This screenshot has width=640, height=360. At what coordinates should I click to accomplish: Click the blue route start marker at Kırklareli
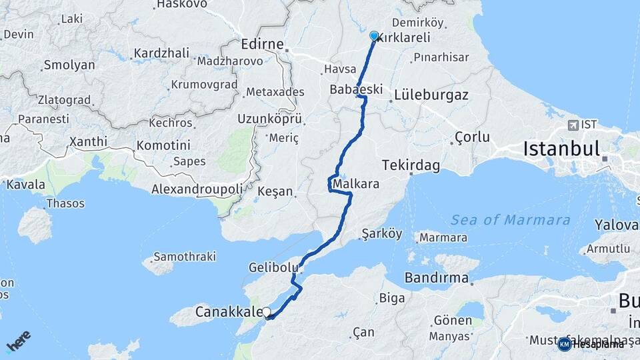click(x=374, y=36)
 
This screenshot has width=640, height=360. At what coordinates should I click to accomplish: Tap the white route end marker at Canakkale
click(x=267, y=312)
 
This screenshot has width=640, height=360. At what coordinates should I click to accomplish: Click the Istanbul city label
click(x=561, y=148)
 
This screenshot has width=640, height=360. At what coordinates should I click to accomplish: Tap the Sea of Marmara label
click(x=510, y=219)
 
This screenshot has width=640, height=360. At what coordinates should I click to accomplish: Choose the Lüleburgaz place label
click(x=431, y=95)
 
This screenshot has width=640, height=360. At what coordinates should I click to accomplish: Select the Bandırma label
click(x=437, y=277)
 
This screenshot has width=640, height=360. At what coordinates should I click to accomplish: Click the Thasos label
click(x=66, y=203)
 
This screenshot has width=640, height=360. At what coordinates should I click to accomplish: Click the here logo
click(x=19, y=342)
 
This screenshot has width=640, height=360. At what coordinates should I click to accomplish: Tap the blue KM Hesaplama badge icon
click(x=565, y=344)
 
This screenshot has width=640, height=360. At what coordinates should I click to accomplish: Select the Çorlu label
click(x=472, y=137)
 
